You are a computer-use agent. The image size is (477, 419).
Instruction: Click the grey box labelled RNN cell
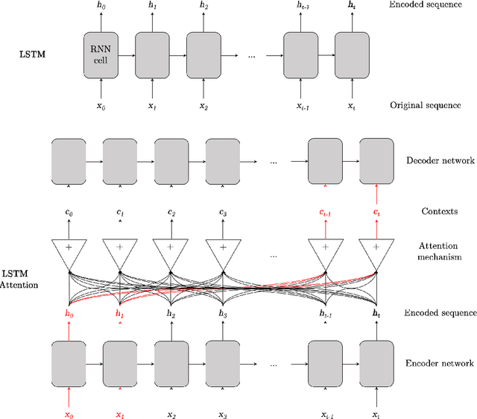[104, 54]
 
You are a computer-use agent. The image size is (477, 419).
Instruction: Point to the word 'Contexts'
[438, 211]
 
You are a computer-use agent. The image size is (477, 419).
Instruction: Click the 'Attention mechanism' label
[437, 251]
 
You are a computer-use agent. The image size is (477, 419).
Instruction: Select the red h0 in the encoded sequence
[69, 314]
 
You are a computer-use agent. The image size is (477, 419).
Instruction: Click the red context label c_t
[376, 212]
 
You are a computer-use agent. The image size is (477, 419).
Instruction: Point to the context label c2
[171, 212]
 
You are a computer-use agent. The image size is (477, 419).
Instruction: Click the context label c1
[121, 212]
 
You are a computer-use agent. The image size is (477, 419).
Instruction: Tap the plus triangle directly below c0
[69, 248]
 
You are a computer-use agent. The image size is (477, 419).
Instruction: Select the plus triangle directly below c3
[223, 248]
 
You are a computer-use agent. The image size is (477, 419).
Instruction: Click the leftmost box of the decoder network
[69, 160]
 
